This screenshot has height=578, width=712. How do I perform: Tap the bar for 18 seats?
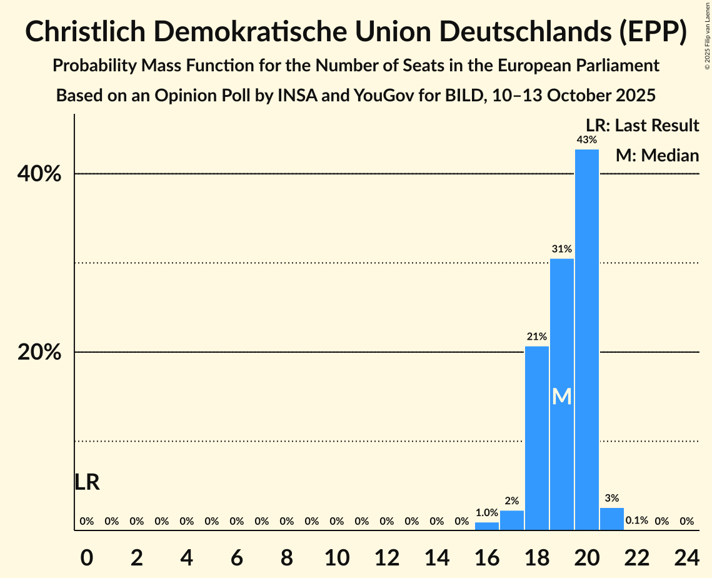coord(536,438)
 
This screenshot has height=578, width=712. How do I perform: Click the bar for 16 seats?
coord(486,526)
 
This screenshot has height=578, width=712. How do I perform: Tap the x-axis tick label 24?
coord(686,555)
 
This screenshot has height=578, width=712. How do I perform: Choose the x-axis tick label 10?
coord(336,555)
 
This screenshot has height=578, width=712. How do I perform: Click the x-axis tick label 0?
coord(87,555)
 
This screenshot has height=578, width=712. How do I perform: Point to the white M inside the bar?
coord(561,396)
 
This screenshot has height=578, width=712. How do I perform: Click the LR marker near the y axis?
coord(87,482)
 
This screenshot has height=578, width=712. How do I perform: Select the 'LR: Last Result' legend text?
coord(642,126)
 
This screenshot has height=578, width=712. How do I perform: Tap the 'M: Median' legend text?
coord(657,155)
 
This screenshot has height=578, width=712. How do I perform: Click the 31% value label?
coord(561,249)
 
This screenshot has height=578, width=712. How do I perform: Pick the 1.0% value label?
coord(486,513)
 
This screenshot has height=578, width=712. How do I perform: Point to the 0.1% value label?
coord(636,520)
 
